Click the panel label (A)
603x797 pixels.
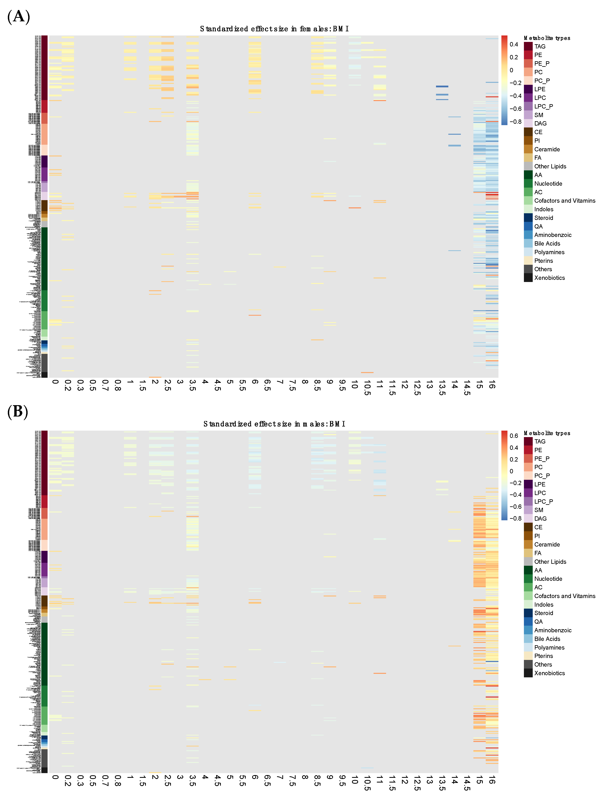(18, 17)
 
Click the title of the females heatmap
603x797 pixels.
(274, 29)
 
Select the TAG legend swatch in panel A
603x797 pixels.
(528, 46)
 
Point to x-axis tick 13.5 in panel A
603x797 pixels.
(442, 387)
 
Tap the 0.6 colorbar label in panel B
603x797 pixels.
(514, 436)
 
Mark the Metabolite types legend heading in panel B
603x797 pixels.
(547, 433)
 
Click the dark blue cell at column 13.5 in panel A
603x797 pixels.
(442, 87)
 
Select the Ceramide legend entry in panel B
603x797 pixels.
(547, 544)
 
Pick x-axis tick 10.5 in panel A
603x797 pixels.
(367, 388)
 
